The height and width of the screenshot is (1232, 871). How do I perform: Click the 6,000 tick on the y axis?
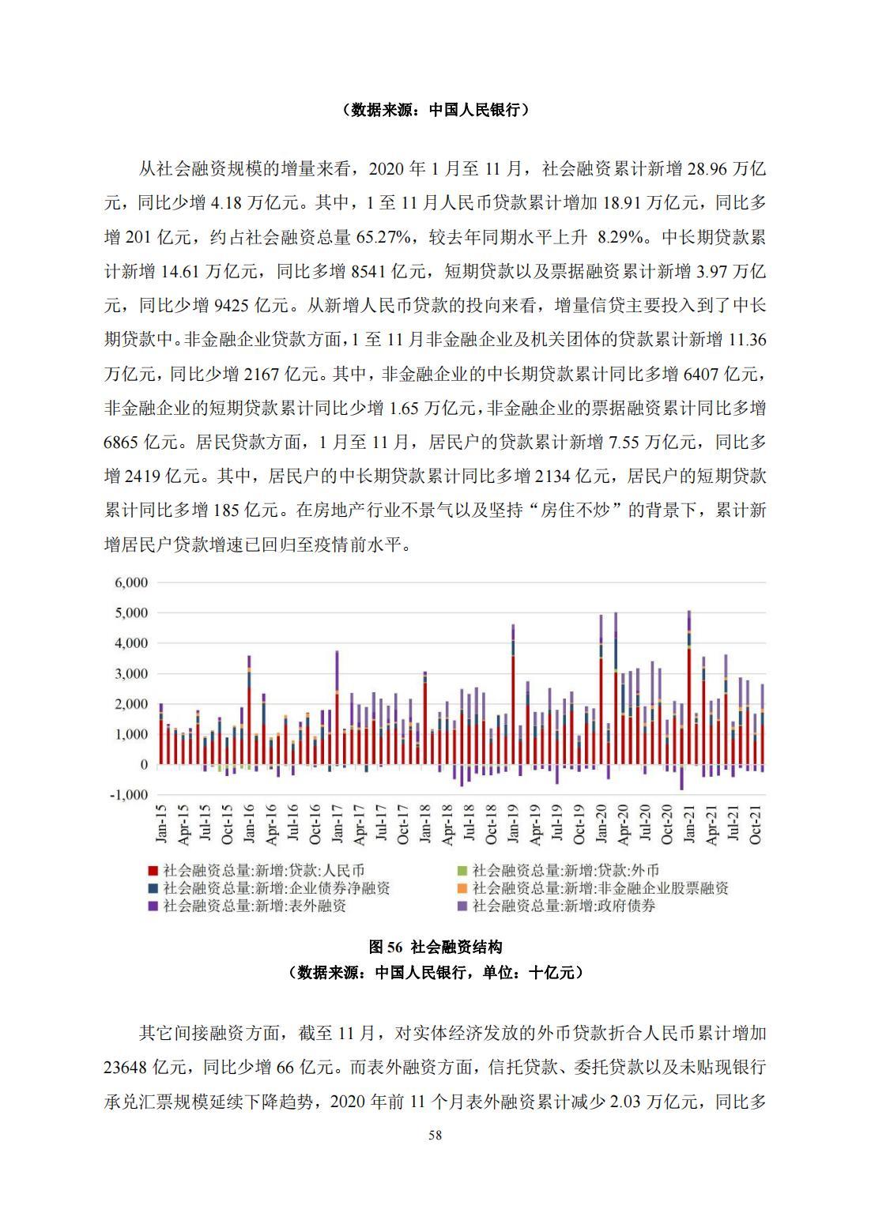pyautogui.click(x=132, y=582)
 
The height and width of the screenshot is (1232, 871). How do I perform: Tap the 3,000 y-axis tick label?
pyautogui.click(x=132, y=673)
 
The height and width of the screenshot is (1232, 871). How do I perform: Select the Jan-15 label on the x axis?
pyautogui.click(x=161, y=824)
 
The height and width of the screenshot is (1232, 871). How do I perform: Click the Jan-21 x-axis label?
pyautogui.click(x=689, y=824)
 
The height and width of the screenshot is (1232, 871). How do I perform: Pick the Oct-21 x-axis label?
pyautogui.click(x=755, y=824)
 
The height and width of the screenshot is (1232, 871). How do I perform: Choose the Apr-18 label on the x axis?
pyautogui.click(x=447, y=824)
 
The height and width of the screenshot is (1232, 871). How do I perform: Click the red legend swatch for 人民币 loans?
pyautogui.click(x=153, y=870)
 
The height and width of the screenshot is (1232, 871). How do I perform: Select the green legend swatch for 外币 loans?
pyautogui.click(x=462, y=870)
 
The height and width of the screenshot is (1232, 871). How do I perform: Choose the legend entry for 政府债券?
pyautogui.click(x=564, y=906)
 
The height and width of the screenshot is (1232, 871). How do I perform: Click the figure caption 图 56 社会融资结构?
pyautogui.click(x=435, y=947)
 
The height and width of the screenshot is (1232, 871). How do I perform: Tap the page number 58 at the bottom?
pyautogui.click(x=435, y=1136)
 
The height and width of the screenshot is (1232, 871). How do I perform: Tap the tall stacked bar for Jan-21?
pyautogui.click(x=689, y=688)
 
